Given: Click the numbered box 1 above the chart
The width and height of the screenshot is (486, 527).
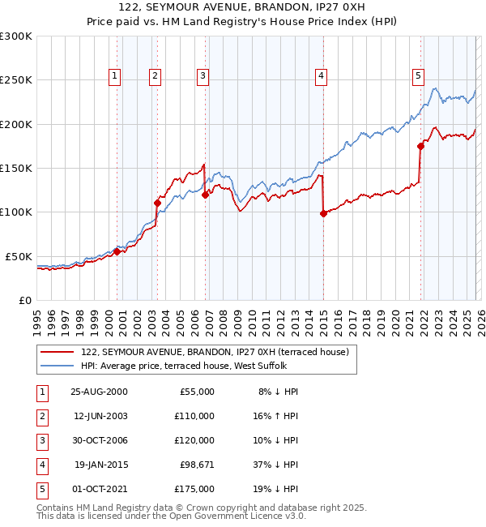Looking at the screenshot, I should pyautogui.click(x=114, y=76).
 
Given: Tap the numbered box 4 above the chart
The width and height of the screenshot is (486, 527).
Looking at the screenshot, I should pyautogui.click(x=322, y=76).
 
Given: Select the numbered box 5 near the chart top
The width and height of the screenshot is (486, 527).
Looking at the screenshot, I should pyautogui.click(x=418, y=76).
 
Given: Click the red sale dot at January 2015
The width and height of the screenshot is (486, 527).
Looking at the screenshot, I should pyautogui.click(x=323, y=213).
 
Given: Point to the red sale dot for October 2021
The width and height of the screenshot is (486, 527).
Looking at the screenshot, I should pyautogui.click(x=420, y=147).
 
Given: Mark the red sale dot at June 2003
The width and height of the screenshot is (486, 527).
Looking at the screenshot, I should pyautogui.click(x=157, y=203).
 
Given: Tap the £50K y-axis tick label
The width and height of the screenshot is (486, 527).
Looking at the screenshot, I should pyautogui.click(x=19, y=256).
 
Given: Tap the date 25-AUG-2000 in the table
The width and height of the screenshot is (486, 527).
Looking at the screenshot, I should pyautogui.click(x=99, y=391).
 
